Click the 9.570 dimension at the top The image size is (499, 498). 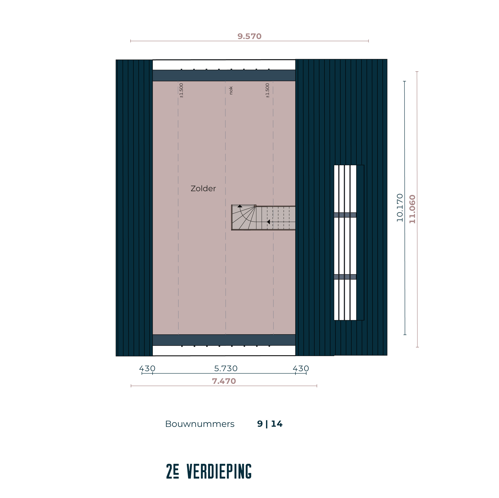tap(249, 36)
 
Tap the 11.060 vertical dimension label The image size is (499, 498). tap(412, 209)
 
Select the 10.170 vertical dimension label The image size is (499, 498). tap(400, 207)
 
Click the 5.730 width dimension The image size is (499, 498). tap(226, 368)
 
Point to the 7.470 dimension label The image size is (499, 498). tap(224, 381)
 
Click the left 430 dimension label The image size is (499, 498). tap(147, 368)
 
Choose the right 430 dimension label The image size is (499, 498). tap(301, 368)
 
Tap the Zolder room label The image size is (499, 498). tap(203, 188)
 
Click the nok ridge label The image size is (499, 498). tap(231, 90)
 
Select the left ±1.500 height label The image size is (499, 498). tap(181, 91)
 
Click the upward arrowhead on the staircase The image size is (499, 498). tap(240, 206)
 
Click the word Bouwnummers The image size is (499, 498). tap(200, 424)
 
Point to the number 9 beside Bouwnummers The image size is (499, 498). tap(260, 424)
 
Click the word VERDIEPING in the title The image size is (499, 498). tap(219, 471)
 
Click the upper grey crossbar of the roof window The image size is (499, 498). tap(345, 215)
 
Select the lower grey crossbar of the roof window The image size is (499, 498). tap(345, 277)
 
